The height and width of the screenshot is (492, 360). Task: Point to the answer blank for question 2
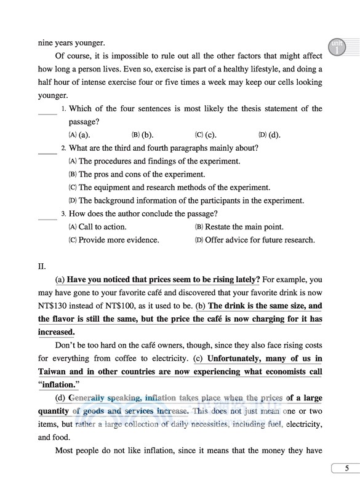click(47, 149)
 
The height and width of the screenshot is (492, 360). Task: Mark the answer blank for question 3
click(47, 216)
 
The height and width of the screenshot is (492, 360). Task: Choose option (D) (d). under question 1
click(270, 135)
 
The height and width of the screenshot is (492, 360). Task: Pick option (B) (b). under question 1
click(143, 135)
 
